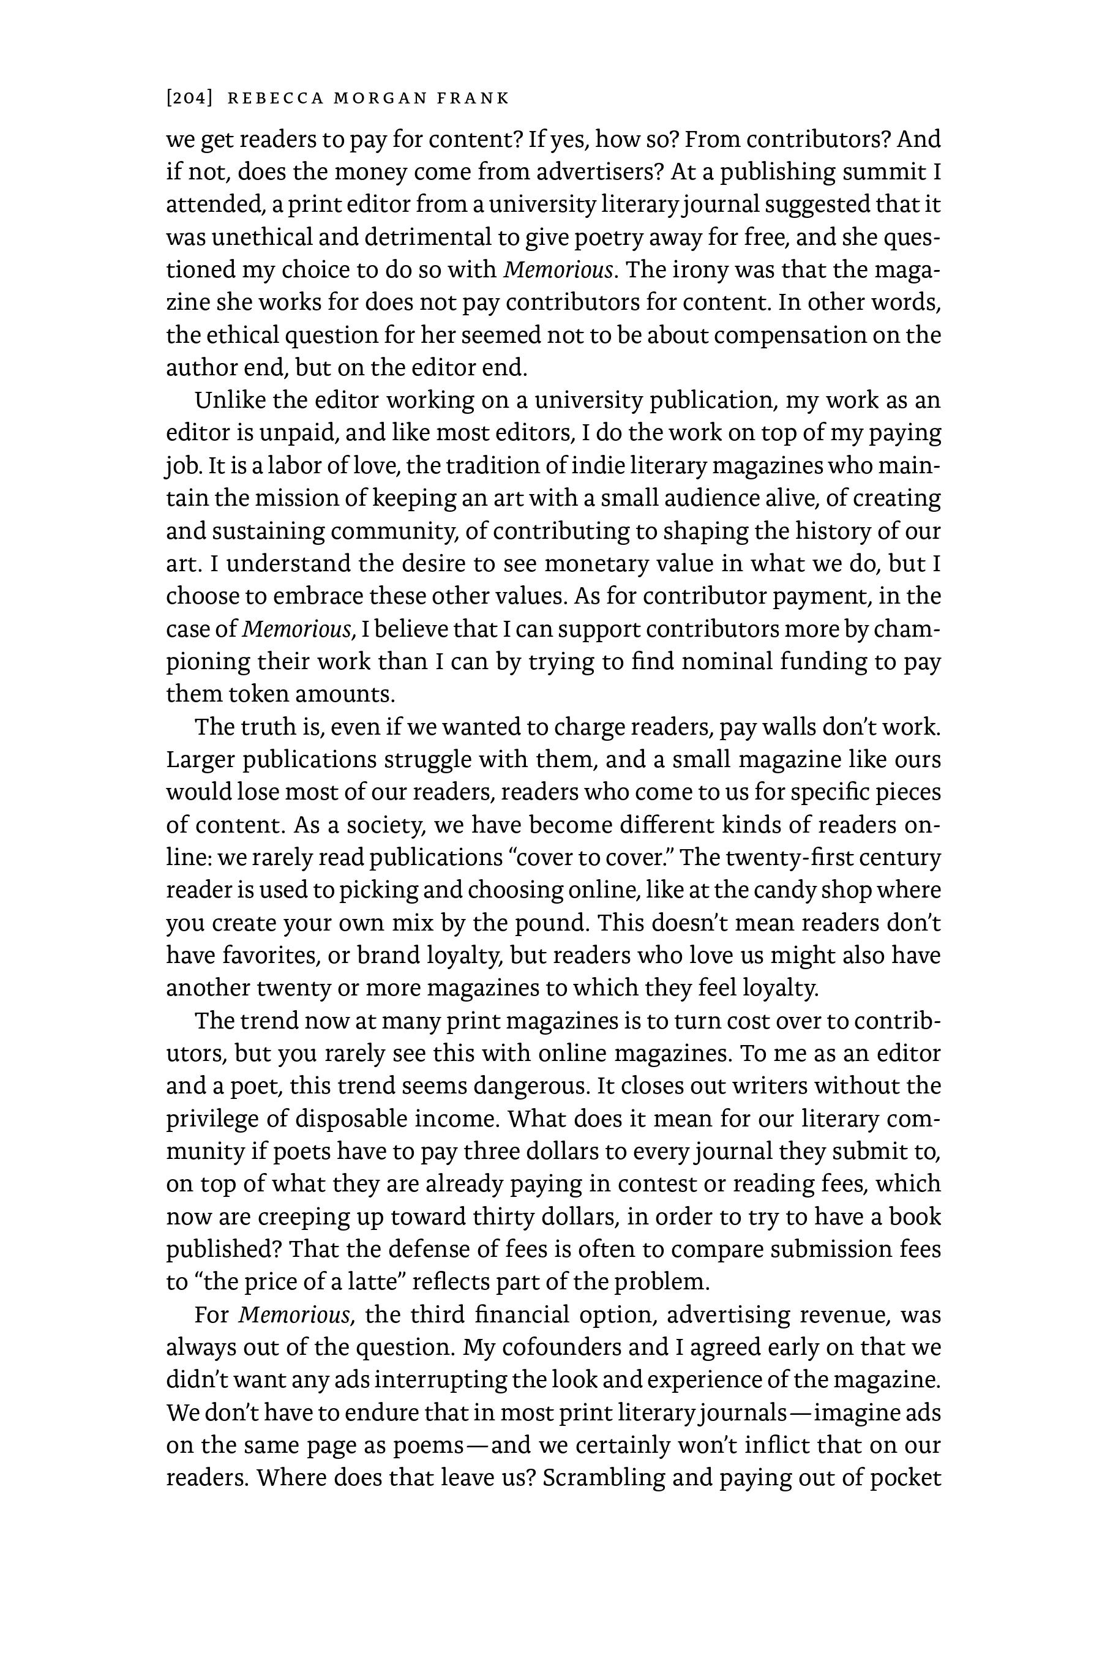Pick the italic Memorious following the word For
[294, 1315]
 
